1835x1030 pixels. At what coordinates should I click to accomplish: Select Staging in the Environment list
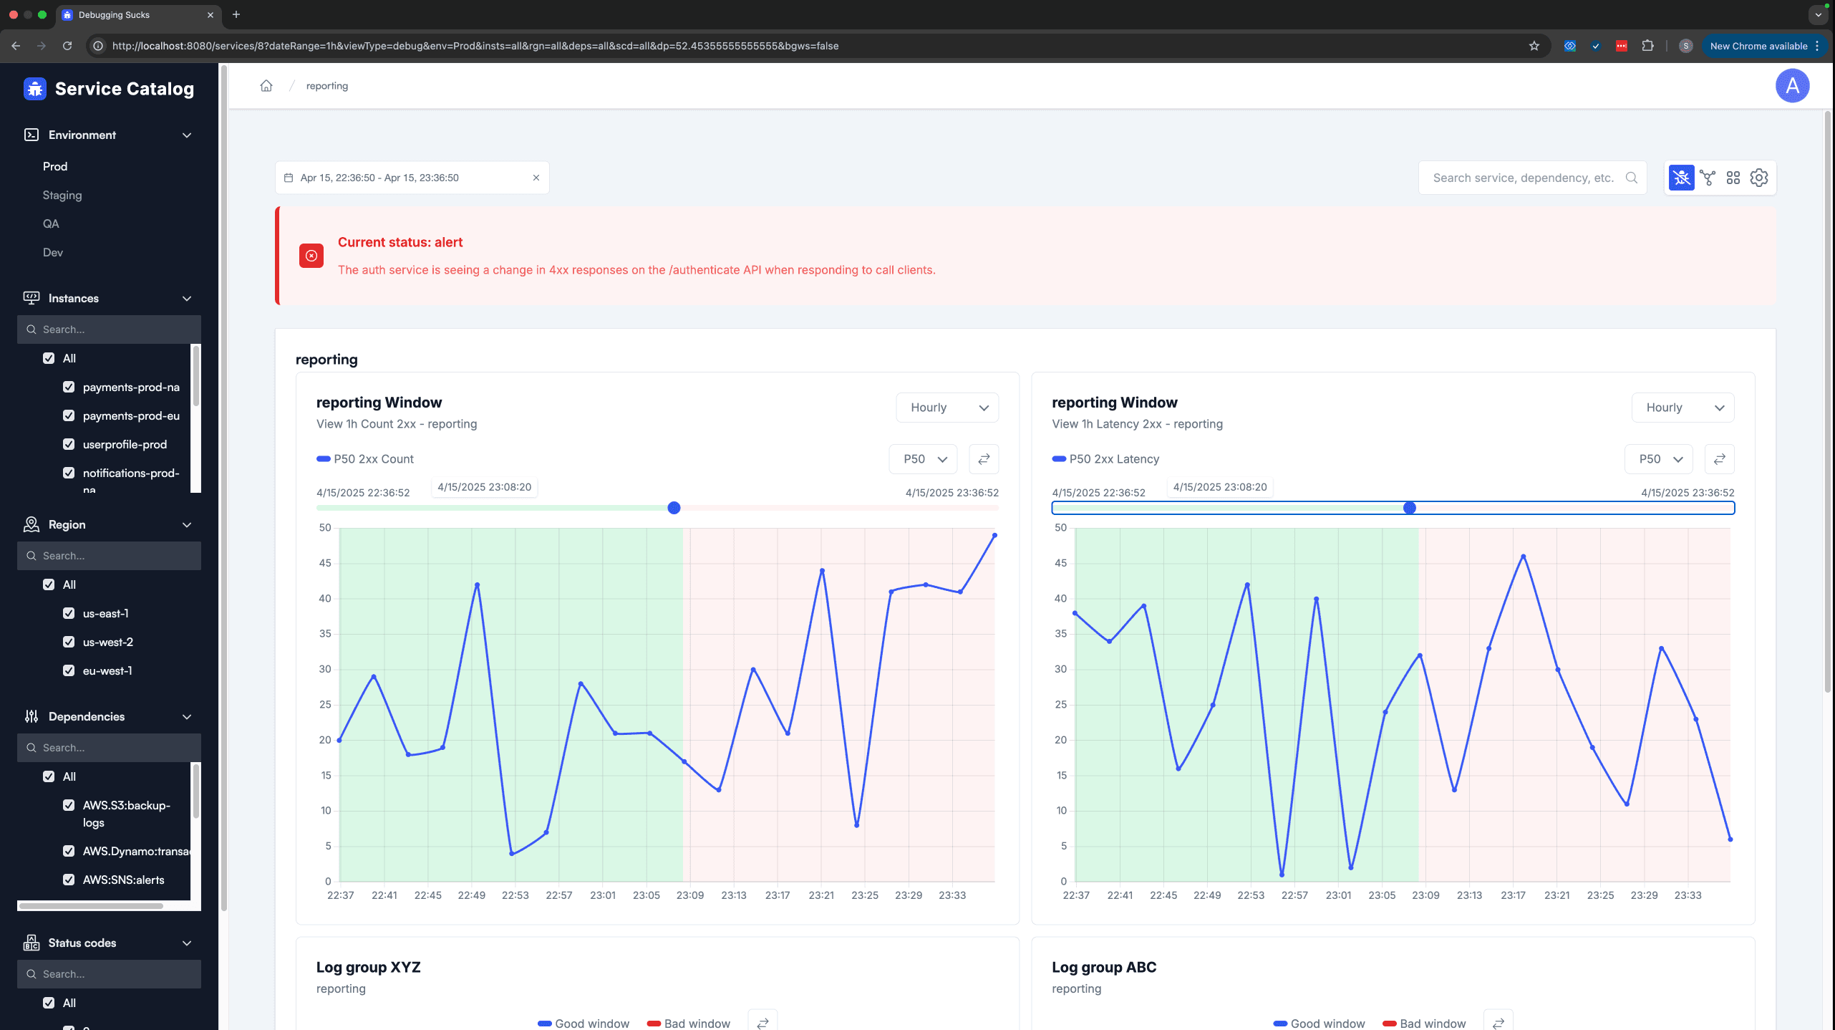tap(62, 195)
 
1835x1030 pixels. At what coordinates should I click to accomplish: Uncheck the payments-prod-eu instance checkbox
tap(69, 415)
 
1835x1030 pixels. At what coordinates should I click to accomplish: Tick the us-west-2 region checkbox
tap(69, 642)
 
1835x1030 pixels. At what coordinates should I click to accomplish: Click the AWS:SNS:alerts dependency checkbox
tap(69, 880)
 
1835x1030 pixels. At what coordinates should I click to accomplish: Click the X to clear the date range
tap(536, 178)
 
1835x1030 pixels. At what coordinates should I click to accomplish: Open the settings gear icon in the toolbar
tap(1759, 178)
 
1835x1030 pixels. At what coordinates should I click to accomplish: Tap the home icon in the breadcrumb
tap(266, 86)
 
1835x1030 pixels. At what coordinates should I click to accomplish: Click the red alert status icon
tap(311, 256)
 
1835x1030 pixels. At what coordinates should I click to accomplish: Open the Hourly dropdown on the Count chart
tap(947, 408)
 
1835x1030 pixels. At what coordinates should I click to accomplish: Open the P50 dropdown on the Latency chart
tap(1659, 459)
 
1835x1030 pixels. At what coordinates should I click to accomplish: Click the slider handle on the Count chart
tap(674, 508)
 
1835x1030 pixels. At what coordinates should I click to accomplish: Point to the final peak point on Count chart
tap(994, 535)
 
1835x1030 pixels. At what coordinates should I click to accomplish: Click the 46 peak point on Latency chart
tap(1523, 557)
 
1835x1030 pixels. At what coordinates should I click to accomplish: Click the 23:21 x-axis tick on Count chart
tap(821, 895)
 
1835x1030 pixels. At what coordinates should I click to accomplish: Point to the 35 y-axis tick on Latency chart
tap(1060, 634)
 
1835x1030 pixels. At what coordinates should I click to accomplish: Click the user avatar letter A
tap(1792, 86)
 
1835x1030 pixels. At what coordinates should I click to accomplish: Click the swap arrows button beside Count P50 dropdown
tap(984, 459)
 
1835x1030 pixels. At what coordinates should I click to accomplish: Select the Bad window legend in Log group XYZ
tap(689, 1024)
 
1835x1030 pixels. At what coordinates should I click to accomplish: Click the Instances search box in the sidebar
tap(109, 329)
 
